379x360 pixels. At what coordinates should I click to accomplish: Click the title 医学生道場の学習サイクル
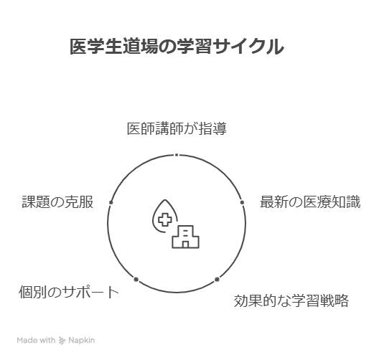click(177, 47)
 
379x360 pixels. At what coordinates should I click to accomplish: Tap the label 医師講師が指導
click(177, 128)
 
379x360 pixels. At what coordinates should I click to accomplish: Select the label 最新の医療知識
click(310, 202)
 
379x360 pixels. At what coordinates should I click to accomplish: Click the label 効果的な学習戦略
click(291, 300)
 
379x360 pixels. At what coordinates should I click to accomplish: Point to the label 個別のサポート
click(69, 292)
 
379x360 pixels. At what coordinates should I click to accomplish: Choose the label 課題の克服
click(57, 202)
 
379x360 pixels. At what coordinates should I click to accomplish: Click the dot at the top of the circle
click(177, 155)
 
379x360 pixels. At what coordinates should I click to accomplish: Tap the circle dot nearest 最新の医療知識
click(242, 202)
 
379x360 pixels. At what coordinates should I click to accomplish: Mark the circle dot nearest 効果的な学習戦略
click(217, 280)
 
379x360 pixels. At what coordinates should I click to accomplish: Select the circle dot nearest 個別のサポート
click(136, 280)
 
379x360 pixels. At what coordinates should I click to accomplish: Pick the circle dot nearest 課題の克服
click(111, 202)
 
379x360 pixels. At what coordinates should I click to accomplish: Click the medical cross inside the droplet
click(165, 219)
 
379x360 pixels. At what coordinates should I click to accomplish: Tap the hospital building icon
click(185, 237)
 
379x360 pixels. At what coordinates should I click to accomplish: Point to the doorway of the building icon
click(185, 245)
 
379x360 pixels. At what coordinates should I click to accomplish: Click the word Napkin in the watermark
click(81, 341)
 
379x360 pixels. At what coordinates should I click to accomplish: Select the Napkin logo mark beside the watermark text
click(62, 341)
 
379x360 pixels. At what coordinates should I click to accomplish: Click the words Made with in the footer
click(36, 340)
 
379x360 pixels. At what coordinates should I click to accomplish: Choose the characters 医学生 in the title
click(96, 47)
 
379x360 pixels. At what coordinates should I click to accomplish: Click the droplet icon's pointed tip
click(165, 200)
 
